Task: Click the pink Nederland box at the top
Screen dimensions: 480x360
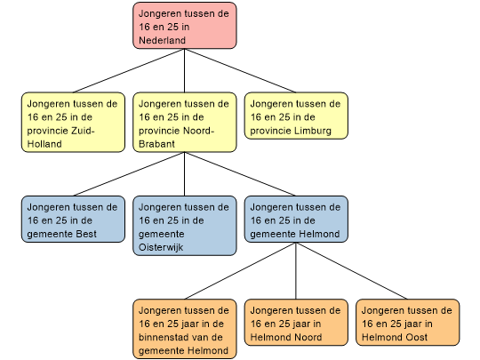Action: coord(185,26)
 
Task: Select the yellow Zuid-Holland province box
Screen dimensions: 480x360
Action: coord(73,122)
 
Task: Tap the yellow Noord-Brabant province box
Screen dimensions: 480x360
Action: coord(185,122)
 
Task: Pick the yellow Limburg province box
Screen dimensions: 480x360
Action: coord(296,116)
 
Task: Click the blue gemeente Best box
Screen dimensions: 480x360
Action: coord(73,220)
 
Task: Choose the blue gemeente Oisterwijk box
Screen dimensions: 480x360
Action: coord(185,226)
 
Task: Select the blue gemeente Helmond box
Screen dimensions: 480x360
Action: coord(296,220)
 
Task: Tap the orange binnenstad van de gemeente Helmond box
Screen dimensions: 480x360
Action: coord(185,329)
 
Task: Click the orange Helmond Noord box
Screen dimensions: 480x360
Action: coord(296,323)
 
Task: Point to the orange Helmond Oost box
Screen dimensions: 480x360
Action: coord(407,323)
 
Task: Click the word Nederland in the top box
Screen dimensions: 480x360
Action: coord(163,40)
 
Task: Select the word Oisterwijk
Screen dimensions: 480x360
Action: coord(161,247)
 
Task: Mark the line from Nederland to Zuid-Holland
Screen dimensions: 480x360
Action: coord(129,70)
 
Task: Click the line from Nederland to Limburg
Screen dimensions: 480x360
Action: coord(240,70)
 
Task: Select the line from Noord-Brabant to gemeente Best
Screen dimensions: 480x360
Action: coord(129,174)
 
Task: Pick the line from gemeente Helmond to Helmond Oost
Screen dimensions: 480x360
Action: coord(352,271)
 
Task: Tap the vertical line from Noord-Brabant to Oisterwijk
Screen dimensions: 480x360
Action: coord(185,174)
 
